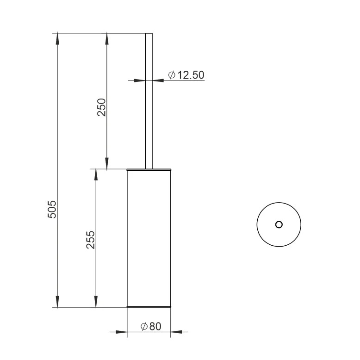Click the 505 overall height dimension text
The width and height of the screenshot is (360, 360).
click(52, 209)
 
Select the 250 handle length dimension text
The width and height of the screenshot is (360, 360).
click(101, 107)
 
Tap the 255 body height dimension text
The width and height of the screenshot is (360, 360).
click(90, 240)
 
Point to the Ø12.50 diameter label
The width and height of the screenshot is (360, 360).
click(186, 75)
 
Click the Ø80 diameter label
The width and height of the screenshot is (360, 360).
click(151, 326)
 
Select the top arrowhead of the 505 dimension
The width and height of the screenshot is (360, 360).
click(57, 38)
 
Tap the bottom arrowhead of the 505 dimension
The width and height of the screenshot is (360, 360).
click(57, 302)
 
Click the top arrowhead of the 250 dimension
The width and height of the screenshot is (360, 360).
click(107, 38)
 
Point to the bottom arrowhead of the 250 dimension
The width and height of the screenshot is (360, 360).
click(107, 163)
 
